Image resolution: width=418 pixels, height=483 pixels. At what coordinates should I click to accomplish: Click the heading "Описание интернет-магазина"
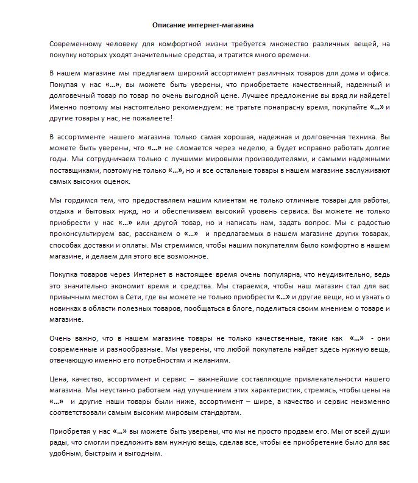tap(203, 26)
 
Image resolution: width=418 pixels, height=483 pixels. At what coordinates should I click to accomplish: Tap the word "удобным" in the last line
tap(67, 453)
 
